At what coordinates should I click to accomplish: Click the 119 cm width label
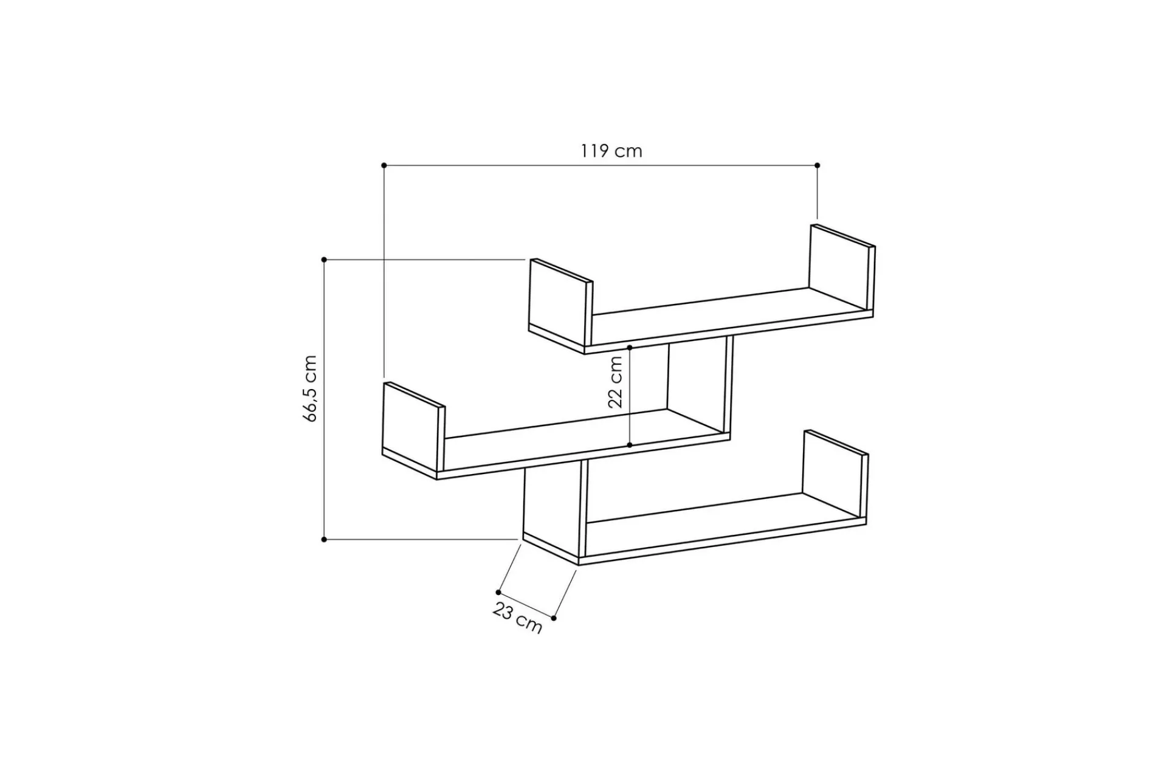click(611, 151)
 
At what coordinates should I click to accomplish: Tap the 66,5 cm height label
click(310, 388)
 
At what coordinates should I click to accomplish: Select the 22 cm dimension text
click(615, 382)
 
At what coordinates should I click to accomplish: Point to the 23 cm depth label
click(517, 618)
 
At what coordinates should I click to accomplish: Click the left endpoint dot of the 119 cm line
click(384, 165)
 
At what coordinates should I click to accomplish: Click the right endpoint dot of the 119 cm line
click(818, 165)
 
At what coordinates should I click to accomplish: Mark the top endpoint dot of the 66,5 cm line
click(324, 260)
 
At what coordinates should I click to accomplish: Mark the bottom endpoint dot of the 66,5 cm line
click(324, 539)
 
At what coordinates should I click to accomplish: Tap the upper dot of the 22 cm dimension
click(630, 348)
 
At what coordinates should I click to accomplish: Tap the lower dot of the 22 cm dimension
click(630, 446)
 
